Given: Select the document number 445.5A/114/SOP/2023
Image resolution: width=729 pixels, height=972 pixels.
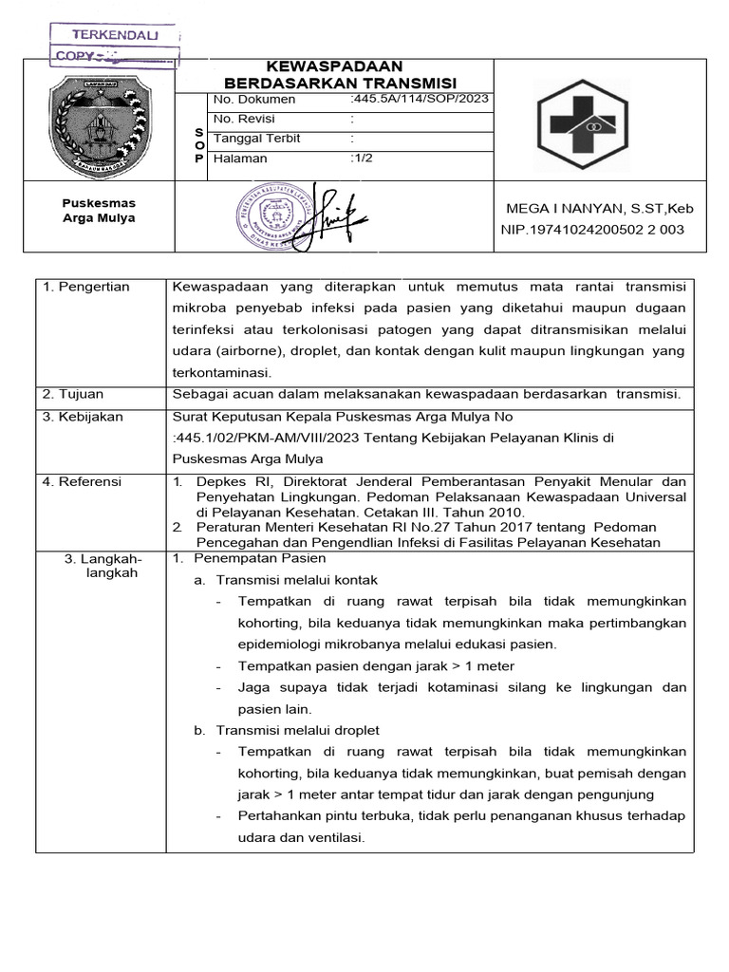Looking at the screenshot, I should (x=420, y=100).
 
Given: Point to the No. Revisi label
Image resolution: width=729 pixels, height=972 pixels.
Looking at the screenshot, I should (x=244, y=119).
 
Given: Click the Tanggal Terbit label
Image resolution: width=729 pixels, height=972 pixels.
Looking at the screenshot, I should (x=257, y=139).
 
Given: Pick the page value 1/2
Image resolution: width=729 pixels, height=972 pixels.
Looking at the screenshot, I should (x=362, y=159).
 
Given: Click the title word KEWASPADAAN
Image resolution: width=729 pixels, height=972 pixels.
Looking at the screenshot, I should (x=335, y=66).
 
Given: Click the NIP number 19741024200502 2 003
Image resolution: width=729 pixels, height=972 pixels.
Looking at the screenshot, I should (x=591, y=230).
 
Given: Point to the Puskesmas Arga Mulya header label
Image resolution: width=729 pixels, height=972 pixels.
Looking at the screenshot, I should (x=99, y=211).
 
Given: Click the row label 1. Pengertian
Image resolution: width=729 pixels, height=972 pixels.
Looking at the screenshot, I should (x=87, y=287).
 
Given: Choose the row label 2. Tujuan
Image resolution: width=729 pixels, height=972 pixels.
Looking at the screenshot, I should (x=75, y=394).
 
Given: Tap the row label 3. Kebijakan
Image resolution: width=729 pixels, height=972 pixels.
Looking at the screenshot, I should (x=84, y=417).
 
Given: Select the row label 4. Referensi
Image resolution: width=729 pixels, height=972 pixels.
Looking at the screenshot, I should (x=83, y=482).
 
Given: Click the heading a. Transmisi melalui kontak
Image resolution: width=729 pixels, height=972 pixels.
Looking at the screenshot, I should (x=285, y=580).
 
